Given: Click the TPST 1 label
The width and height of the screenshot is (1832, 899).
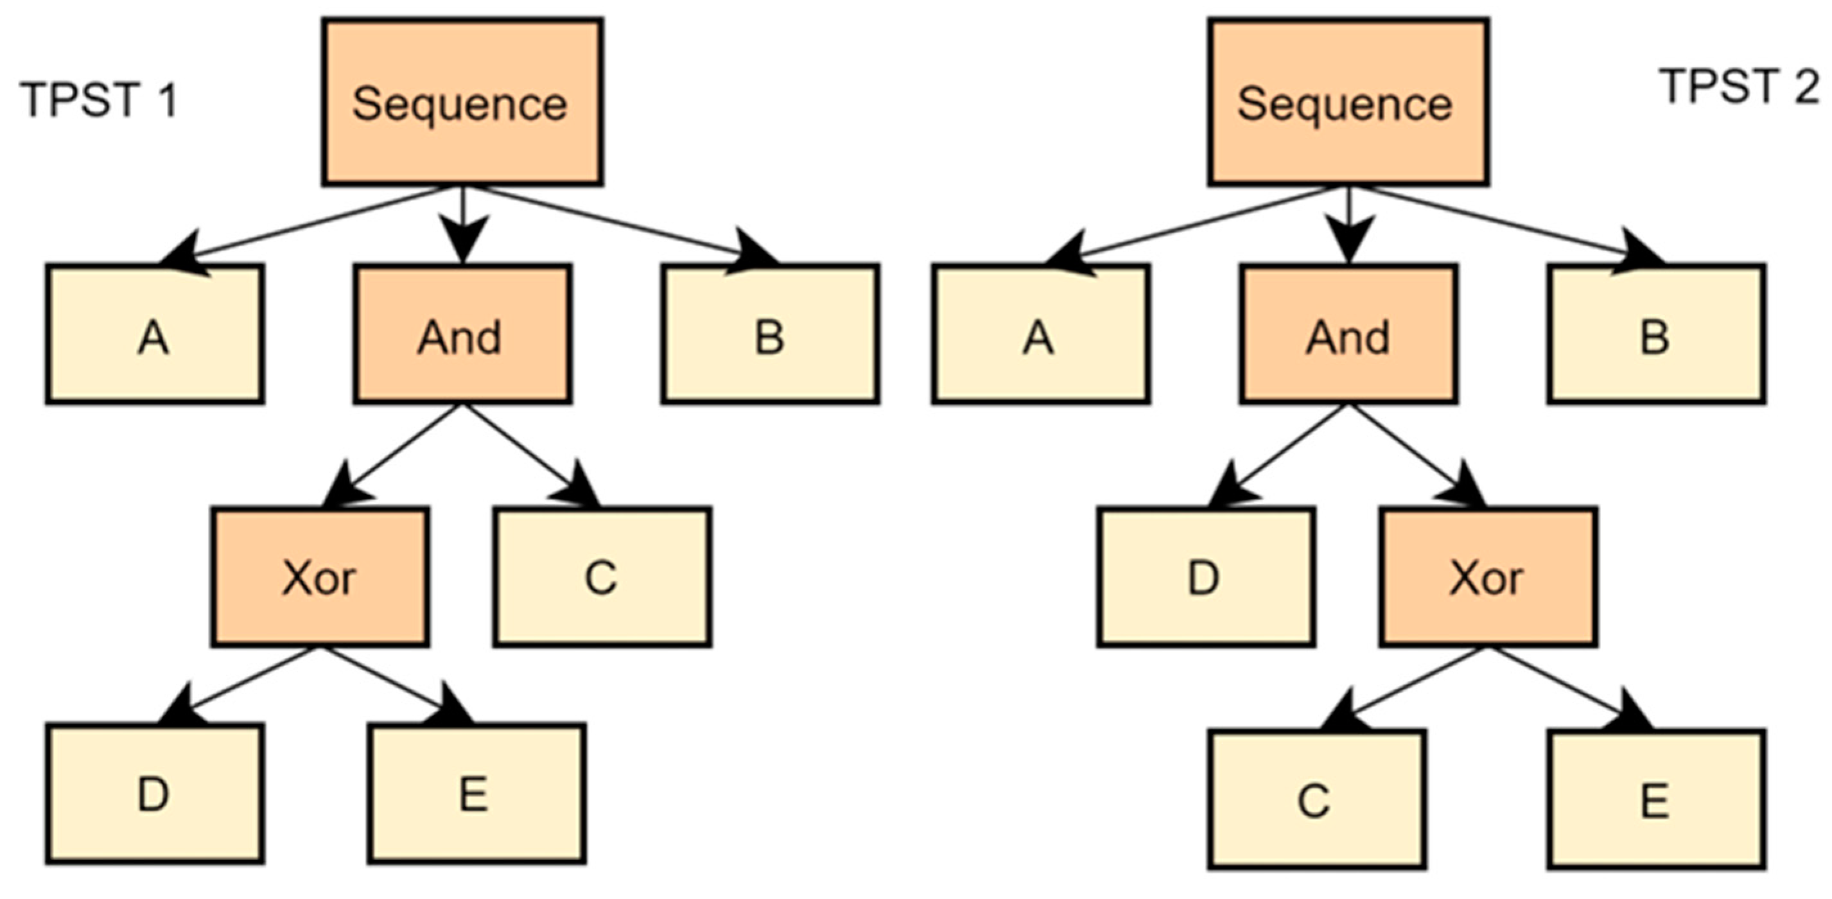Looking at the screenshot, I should point(98,100).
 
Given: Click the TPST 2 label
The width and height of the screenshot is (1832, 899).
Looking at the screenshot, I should point(1738,87).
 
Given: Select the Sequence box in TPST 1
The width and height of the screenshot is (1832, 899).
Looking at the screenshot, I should point(462,102).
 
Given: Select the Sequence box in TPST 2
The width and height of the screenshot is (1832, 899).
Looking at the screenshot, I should point(1348,102).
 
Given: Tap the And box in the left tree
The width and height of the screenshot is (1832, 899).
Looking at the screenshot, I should point(462,335).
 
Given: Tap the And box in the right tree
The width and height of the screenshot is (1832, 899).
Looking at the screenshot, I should point(1348,335).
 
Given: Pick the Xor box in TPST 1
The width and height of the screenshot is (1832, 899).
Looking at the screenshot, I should point(320,577).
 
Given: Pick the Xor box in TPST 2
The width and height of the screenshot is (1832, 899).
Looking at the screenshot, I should point(1488,577).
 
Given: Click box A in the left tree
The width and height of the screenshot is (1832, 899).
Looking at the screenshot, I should point(155,335).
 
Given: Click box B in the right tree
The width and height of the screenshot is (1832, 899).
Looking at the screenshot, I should point(1655,335).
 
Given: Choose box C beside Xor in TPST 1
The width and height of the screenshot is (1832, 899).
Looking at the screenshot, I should point(602,577).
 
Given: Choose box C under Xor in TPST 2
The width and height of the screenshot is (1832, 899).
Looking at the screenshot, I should point(1316,800).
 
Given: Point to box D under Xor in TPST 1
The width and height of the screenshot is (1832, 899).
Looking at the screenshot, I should point(155,794).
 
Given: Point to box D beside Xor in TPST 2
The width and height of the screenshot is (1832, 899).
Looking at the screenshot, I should point(1205,577).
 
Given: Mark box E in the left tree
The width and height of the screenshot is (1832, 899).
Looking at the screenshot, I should point(476,794).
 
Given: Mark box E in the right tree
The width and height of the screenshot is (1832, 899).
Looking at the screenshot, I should point(1655,800).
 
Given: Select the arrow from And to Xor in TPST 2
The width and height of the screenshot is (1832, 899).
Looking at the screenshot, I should point(1415,455).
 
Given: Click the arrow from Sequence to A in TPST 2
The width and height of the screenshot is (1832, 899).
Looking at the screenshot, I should point(1195,223).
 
